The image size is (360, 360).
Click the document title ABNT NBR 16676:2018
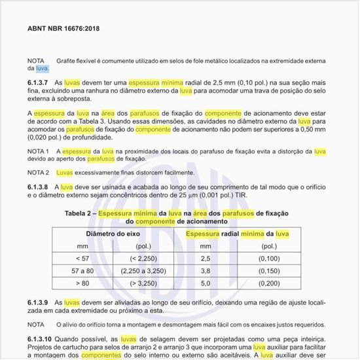click(63, 29)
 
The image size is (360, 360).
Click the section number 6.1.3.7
click(39, 83)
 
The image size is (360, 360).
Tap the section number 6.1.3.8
click(39, 187)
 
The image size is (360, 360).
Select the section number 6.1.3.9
click(39, 302)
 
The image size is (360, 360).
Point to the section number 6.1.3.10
click(41, 339)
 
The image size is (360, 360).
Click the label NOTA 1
click(39, 151)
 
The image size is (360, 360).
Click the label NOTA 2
click(39, 172)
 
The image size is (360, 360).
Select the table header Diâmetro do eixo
click(110, 234)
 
